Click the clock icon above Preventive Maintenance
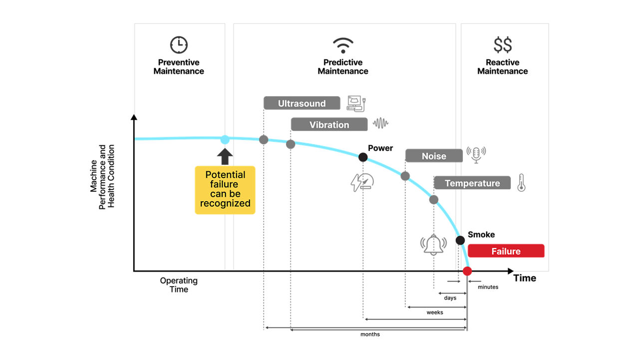coord(179,45)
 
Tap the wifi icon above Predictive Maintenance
coord(343,45)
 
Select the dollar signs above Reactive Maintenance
coord(502,45)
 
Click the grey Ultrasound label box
coord(302,103)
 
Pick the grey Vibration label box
coord(329,125)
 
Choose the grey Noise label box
coord(433,156)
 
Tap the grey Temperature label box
coord(472,183)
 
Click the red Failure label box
coord(506,251)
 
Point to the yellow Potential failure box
coord(225,190)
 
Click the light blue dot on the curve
coord(225,140)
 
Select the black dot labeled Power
coord(363,157)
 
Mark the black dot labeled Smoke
coord(460,240)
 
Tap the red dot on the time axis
coord(467,271)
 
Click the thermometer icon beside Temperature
coord(521,183)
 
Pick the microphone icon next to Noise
coord(476,154)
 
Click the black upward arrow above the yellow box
coord(225,156)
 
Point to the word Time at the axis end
coord(525,278)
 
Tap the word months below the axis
coord(370,334)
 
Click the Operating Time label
coord(179,285)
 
